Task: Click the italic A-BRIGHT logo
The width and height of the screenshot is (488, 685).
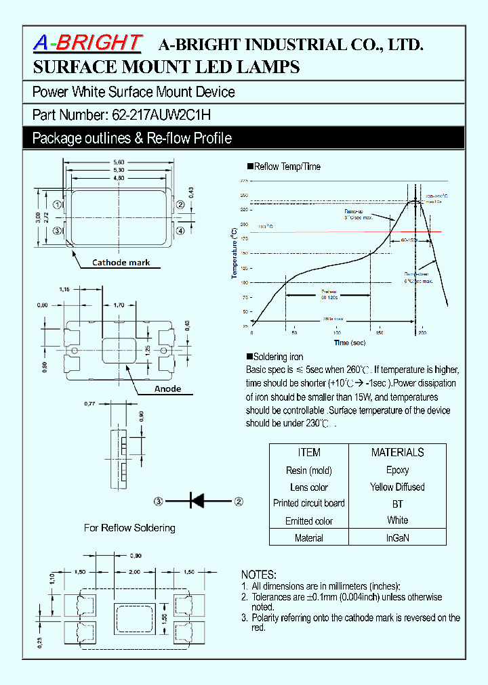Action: click(x=87, y=43)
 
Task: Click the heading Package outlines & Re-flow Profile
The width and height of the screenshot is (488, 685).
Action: click(x=132, y=138)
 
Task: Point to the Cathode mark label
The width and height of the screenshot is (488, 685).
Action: click(x=121, y=263)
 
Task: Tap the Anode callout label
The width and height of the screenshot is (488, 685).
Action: click(x=167, y=389)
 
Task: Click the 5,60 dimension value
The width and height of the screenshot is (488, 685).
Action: click(x=119, y=162)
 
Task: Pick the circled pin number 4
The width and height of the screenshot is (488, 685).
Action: click(x=180, y=231)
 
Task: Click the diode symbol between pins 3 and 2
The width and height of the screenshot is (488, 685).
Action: click(x=197, y=502)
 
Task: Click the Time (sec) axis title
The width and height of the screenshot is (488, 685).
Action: click(x=351, y=342)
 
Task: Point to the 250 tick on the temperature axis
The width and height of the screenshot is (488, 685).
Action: click(x=243, y=195)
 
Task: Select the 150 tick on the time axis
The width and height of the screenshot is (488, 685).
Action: click(x=379, y=333)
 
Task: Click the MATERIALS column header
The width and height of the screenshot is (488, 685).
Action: click(x=398, y=452)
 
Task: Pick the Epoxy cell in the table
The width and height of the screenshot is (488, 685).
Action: click(x=398, y=470)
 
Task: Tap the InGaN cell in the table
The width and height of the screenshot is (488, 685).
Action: click(x=398, y=538)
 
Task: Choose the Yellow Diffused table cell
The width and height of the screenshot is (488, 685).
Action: click(x=398, y=487)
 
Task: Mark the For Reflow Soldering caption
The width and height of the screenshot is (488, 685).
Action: click(x=129, y=528)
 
